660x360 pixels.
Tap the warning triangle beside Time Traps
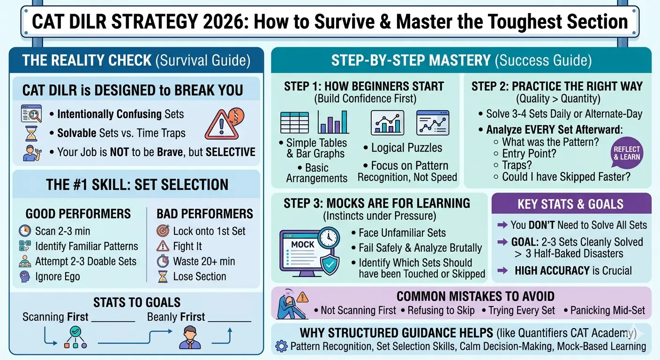[x=219, y=123]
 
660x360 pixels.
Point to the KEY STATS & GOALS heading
[x=570, y=204]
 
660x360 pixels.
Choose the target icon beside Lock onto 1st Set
[x=163, y=231]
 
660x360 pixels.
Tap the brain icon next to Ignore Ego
[x=25, y=276]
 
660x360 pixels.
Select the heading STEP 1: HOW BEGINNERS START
[x=363, y=86]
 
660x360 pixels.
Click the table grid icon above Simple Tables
[x=294, y=123]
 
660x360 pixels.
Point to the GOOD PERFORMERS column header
[x=78, y=214]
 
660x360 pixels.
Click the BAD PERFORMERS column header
[x=204, y=214]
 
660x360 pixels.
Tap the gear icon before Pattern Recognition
[x=281, y=346]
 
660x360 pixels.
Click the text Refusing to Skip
[x=441, y=310]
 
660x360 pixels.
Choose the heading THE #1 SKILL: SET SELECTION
[x=137, y=185]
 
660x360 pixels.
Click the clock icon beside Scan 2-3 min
[x=25, y=231]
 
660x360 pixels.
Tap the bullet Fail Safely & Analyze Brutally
[x=420, y=247]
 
